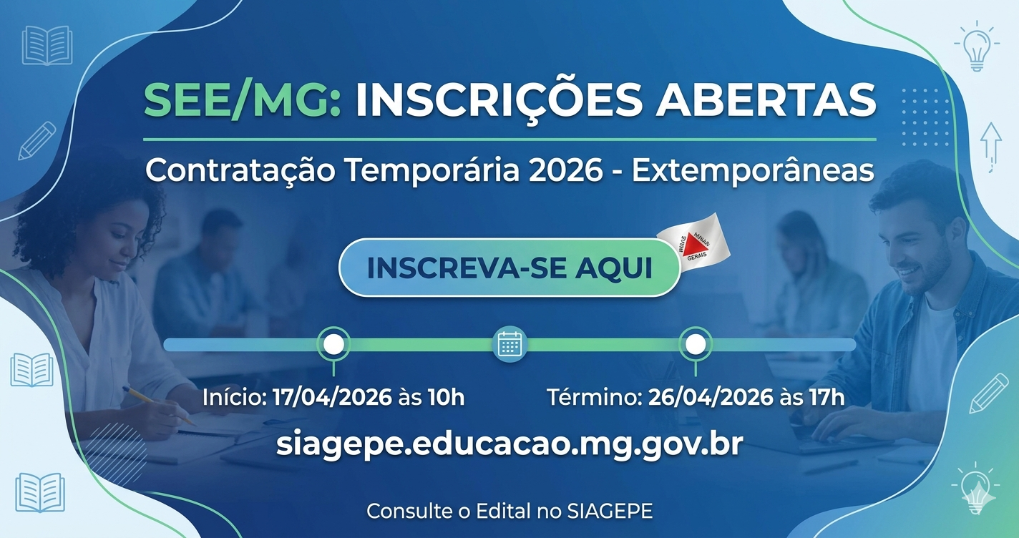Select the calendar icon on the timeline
point(509,344)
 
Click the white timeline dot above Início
point(333,344)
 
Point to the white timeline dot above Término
point(695,344)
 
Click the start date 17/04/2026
point(332,397)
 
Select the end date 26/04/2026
point(711,397)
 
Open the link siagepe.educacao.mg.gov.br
point(509,444)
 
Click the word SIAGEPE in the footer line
point(610,512)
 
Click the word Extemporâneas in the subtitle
point(753,171)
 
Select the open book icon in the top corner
point(47,45)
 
